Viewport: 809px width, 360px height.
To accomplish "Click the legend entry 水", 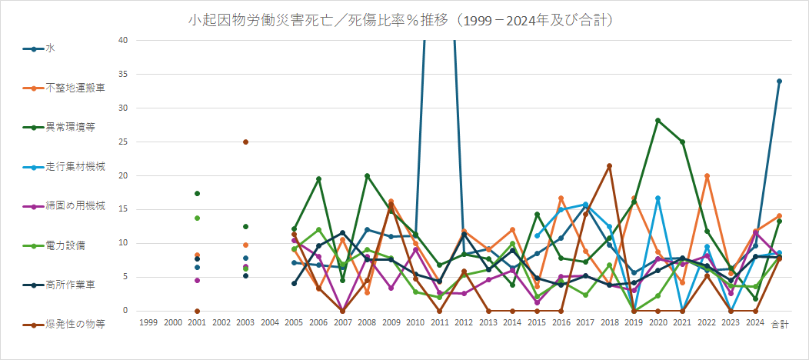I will click(x=50, y=48).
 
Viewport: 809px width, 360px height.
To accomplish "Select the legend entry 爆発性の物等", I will click(x=71, y=324).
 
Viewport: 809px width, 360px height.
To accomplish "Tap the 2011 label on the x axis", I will click(x=439, y=324).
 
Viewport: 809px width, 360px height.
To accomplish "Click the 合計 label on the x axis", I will click(x=779, y=324).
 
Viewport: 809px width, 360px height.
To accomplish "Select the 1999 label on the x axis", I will click(x=150, y=324).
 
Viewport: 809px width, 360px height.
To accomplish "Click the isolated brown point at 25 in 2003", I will click(x=245, y=142).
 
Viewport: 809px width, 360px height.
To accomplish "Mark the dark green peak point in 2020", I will click(x=658, y=120).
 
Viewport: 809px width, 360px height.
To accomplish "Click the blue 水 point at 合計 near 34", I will click(x=779, y=81).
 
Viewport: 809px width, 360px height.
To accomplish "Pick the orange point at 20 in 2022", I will click(x=706, y=176).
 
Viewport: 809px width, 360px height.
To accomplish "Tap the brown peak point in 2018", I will click(x=609, y=165).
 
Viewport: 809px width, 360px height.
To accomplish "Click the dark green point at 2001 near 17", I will click(x=198, y=193).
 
